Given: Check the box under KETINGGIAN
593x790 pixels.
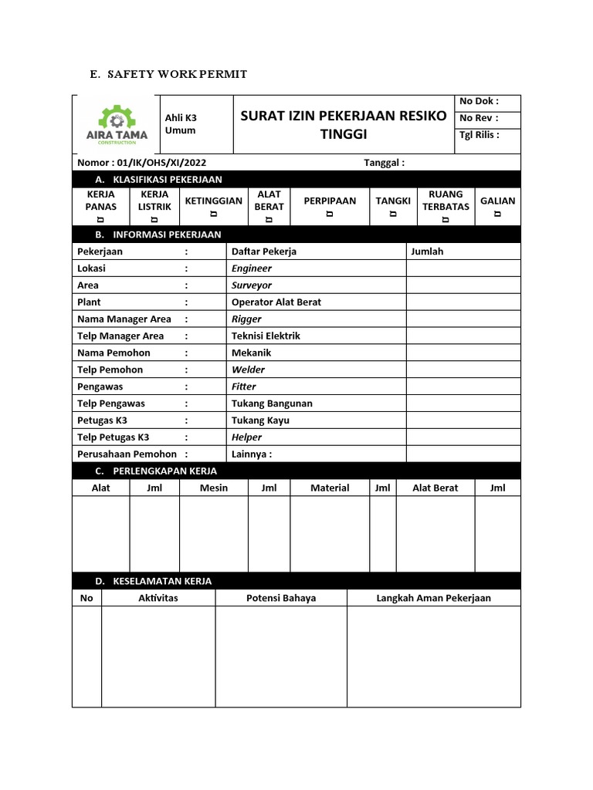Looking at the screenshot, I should tap(213, 214).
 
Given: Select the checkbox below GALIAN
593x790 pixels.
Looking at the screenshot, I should tap(497, 214).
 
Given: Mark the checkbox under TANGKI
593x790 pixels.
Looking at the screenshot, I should tap(393, 214).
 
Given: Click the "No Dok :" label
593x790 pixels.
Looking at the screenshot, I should tap(479, 101).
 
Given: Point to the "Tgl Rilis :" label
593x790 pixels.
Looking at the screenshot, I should tap(479, 135).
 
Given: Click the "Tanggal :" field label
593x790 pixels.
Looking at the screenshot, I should tap(384, 163).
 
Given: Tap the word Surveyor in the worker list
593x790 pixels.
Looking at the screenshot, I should tap(252, 285).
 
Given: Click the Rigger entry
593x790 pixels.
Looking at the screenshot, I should tap(246, 319).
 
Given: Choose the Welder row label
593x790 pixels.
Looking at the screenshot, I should tap(248, 370).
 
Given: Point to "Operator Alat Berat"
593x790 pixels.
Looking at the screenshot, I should tap(276, 302).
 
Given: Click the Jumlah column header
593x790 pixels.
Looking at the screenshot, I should tap(427, 252).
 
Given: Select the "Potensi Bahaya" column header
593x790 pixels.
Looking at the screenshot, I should tap(281, 598).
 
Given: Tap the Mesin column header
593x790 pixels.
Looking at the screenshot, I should tap(214, 488).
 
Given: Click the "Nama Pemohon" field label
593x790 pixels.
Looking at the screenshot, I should tap(114, 353).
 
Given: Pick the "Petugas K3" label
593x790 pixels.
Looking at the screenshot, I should tap(103, 420).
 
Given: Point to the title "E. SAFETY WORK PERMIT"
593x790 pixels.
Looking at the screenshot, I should tap(168, 75).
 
